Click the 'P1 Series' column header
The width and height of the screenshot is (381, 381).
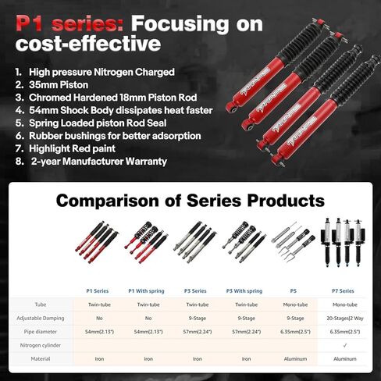(98, 290)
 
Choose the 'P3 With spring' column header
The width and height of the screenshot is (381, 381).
(247, 290)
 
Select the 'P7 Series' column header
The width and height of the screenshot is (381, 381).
(345, 290)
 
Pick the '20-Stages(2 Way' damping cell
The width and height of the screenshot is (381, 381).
(345, 318)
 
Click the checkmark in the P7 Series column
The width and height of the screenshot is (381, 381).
(345, 346)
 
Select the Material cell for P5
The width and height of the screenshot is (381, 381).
(296, 360)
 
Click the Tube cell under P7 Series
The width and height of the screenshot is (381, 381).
(345, 304)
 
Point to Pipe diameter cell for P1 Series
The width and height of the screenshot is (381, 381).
(98, 332)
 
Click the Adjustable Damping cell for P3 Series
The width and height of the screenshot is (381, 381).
(198, 318)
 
